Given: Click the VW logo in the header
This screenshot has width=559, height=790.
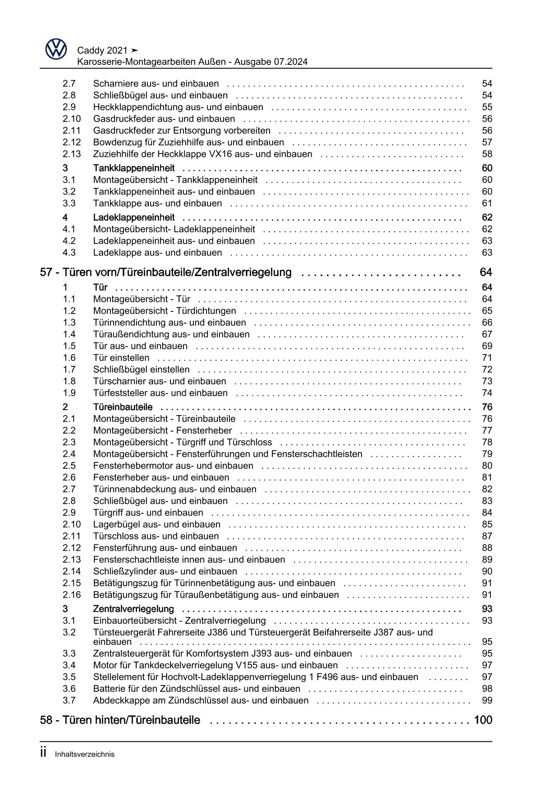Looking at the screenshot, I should (56, 49).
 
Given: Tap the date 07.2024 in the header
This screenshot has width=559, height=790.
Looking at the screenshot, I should (290, 62).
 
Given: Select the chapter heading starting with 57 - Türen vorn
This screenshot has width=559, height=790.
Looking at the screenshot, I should (166, 273).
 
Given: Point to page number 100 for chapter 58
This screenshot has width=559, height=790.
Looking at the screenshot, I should (483, 720).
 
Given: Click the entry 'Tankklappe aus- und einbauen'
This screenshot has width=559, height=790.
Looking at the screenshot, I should (157, 203).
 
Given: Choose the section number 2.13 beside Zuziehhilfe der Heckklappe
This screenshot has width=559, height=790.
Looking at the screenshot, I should (71, 154).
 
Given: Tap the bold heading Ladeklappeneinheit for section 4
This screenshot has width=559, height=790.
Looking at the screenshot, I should (134, 218).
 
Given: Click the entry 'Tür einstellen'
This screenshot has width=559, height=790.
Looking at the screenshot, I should (121, 358).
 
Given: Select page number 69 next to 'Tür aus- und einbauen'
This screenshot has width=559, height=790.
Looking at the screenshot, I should (487, 346).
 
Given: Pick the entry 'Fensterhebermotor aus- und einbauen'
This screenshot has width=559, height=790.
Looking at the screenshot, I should (173, 466).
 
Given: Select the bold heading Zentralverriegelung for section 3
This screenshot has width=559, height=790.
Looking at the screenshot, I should (133, 609).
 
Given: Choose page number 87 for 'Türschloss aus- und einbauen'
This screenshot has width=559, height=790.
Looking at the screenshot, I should (487, 536).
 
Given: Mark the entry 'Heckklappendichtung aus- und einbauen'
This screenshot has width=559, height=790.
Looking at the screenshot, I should (178, 107).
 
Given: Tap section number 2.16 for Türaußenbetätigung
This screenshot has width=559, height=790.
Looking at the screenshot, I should (71, 595).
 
